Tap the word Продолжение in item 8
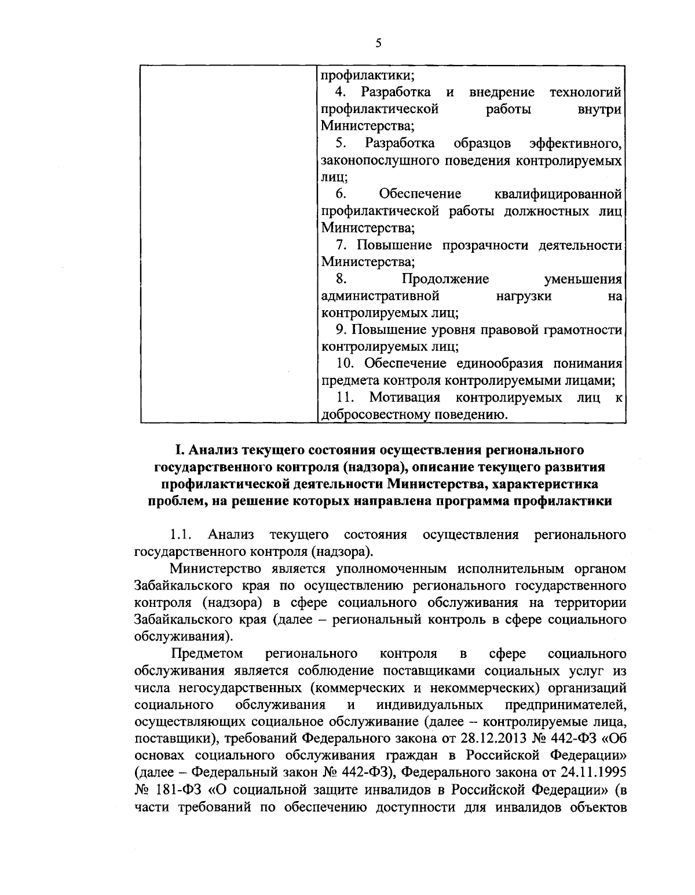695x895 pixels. pyautogui.click(x=445, y=279)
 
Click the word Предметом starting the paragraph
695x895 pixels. pyautogui.click(x=207, y=654)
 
